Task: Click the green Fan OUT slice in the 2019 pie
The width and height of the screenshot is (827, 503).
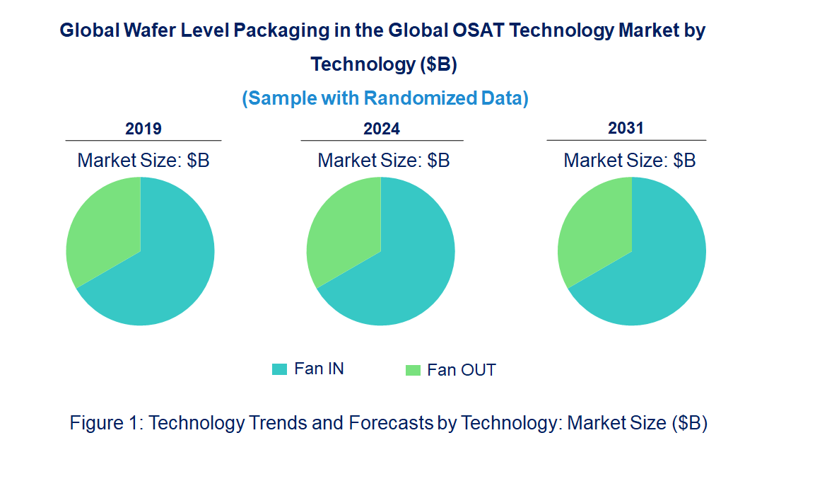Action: [102, 226]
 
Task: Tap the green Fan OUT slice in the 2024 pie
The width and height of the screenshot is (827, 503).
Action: [343, 226]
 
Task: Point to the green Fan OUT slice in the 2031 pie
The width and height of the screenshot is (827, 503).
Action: [594, 226]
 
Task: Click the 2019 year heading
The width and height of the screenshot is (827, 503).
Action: [143, 129]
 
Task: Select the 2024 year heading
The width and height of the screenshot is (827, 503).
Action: [382, 129]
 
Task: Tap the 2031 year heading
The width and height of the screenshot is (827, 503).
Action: [626, 128]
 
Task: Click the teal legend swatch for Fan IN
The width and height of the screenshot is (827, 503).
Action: [280, 369]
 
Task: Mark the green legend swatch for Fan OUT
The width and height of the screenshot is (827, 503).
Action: [413, 370]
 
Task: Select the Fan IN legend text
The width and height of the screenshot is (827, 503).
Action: [319, 369]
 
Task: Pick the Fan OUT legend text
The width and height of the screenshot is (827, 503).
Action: [461, 370]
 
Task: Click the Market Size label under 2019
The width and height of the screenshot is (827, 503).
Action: [143, 161]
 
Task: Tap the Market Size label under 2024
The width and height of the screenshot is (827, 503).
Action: [384, 161]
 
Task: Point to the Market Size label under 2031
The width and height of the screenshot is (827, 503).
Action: [630, 161]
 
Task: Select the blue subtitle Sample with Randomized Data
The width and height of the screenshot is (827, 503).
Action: [385, 98]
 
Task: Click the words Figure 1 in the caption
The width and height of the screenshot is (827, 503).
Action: [106, 423]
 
